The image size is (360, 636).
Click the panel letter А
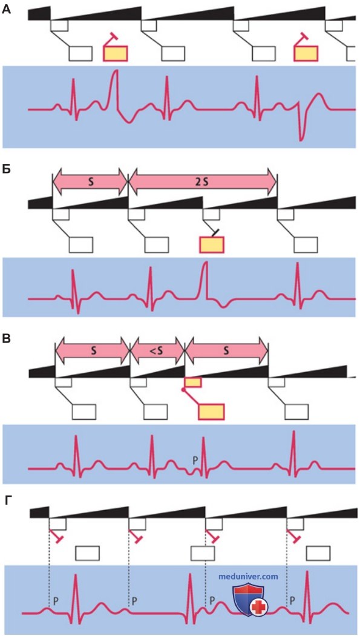tap(7, 9)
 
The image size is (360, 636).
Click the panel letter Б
tap(7, 169)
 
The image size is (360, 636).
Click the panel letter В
tap(7, 339)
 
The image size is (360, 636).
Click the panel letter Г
tap(7, 500)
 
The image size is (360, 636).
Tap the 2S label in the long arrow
tap(202, 182)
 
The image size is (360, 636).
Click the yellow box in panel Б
tap(211, 244)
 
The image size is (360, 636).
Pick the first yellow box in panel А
tap(116, 53)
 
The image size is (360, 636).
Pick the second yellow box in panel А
tap(306, 53)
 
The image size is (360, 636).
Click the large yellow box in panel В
tap(211, 411)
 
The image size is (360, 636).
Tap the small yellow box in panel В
tap(192, 382)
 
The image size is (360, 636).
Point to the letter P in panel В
tap(195, 461)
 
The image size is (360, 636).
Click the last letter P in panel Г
tap(292, 600)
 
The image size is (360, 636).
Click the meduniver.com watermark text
tap(247, 576)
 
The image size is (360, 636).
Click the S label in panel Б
tap(91, 182)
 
